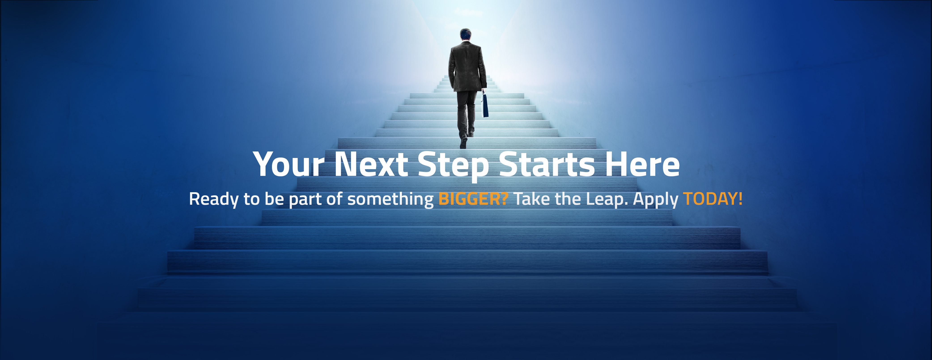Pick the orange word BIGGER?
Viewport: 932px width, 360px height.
pyautogui.click(x=473, y=199)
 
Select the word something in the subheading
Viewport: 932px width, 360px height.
pyautogui.click(x=390, y=200)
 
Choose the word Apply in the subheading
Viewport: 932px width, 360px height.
pyautogui.click(x=656, y=200)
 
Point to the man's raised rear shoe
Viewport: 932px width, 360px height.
pyautogui.click(x=463, y=142)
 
